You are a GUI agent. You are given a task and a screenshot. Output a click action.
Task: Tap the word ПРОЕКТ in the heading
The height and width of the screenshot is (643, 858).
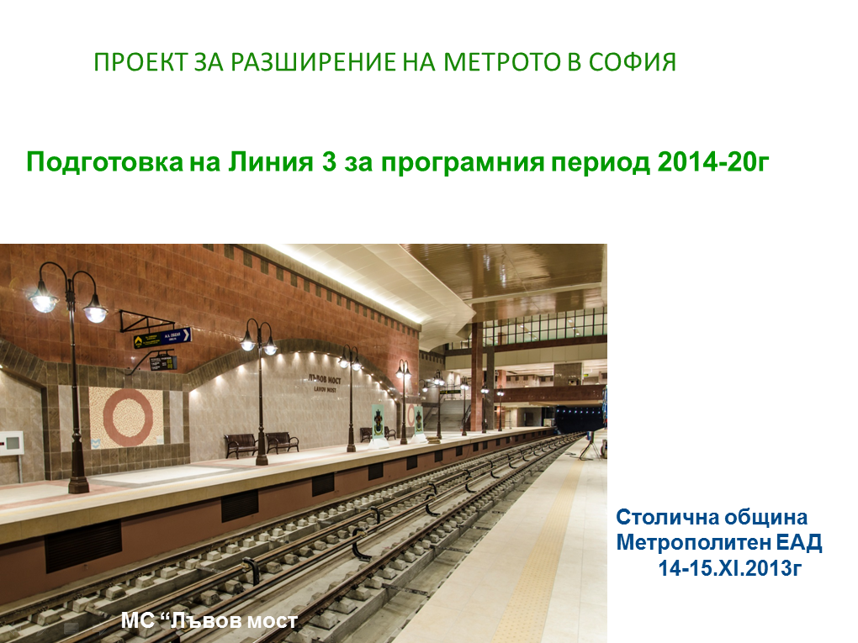tap(140, 62)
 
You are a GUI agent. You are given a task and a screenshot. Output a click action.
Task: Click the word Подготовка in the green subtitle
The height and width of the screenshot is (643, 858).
tap(104, 162)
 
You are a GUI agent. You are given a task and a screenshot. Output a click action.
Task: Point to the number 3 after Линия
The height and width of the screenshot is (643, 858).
tap(329, 162)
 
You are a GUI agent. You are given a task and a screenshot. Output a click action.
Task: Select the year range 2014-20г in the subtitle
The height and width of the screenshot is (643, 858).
tap(713, 162)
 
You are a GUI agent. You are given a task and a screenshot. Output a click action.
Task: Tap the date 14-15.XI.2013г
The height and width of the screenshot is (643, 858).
tap(729, 568)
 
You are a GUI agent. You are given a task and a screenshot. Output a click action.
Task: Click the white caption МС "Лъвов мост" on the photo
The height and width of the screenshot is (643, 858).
tap(209, 620)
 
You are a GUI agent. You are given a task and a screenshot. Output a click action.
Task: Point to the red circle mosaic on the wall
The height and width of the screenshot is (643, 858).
tap(128, 419)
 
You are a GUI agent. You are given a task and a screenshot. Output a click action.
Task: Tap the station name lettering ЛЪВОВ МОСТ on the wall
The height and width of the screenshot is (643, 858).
tap(325, 383)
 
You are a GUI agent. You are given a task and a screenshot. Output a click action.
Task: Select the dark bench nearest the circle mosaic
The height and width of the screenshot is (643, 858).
tap(241, 445)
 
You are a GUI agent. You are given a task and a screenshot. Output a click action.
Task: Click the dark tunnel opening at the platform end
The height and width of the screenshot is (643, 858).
tap(580, 419)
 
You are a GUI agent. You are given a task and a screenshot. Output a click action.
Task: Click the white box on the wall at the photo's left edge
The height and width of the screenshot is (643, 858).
tap(12, 442)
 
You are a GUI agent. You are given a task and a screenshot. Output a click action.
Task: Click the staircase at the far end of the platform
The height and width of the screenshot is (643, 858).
tap(453, 413)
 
